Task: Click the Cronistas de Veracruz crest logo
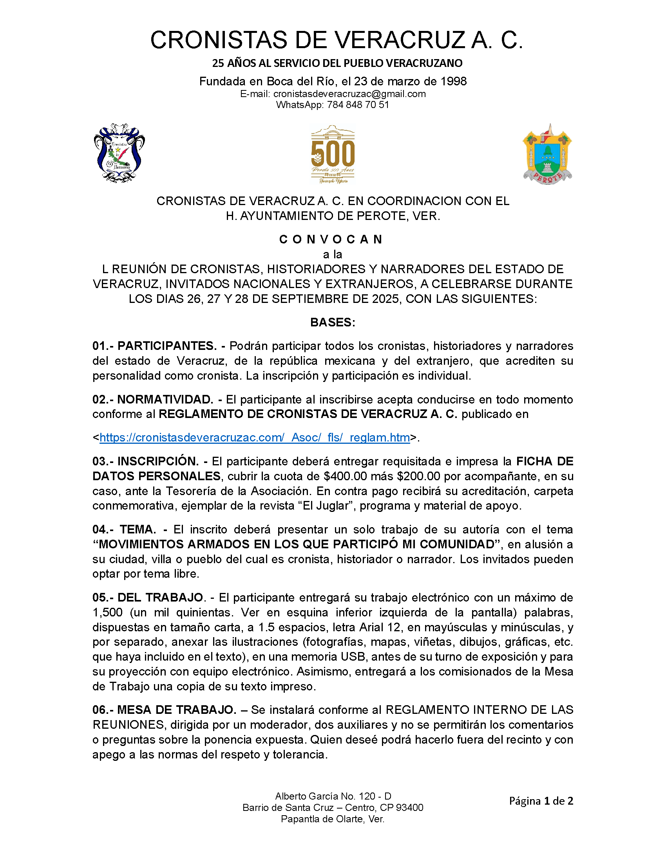(x=119, y=153)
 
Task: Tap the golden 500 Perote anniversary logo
(x=333, y=154)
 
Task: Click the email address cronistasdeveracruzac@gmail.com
(x=349, y=94)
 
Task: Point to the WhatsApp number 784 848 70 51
(x=358, y=105)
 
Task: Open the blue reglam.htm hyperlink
(x=255, y=438)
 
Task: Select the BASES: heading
(x=333, y=322)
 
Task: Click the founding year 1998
(x=453, y=81)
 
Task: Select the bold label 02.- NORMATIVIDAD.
(x=153, y=400)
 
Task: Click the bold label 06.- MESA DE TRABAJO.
(x=164, y=710)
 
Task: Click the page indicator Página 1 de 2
(x=541, y=801)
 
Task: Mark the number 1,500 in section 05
(x=107, y=612)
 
